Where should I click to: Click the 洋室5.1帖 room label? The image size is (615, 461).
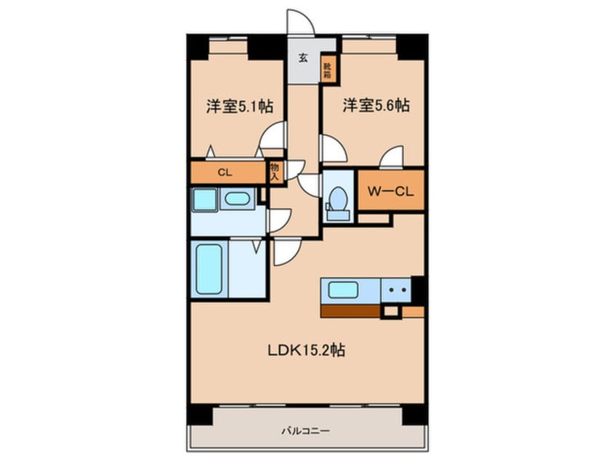pyautogui.click(x=239, y=106)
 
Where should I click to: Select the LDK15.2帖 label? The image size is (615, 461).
pyautogui.click(x=304, y=350)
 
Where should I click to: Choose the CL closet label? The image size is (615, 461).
pyautogui.click(x=225, y=173)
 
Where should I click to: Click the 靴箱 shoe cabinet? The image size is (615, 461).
pyautogui.click(x=328, y=69)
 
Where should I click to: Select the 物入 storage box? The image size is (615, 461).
pyautogui.click(x=275, y=172)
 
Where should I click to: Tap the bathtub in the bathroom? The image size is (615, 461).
pyautogui.click(x=208, y=268)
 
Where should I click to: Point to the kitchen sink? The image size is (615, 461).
pyautogui.click(x=342, y=289)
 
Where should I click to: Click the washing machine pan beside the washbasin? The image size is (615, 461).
pyautogui.click(x=204, y=200)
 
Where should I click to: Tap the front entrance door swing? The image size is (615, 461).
pyautogui.click(x=300, y=22)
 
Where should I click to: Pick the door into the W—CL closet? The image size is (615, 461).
pyautogui.click(x=393, y=157)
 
